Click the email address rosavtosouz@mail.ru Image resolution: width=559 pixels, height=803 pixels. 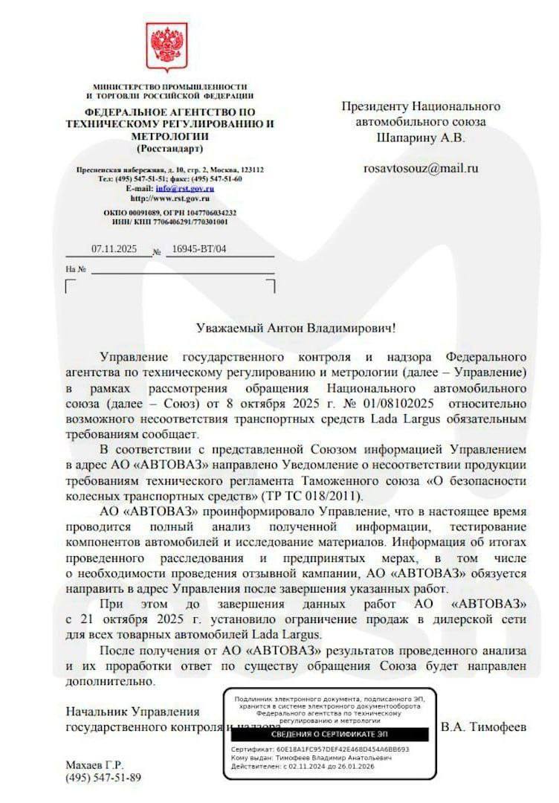(x=421, y=168)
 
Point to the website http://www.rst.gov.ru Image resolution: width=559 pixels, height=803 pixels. (x=169, y=199)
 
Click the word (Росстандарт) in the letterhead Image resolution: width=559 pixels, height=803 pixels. (x=169, y=149)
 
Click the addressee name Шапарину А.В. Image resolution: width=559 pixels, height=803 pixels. (x=421, y=138)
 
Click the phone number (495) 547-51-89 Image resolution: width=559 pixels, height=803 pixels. (x=103, y=778)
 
